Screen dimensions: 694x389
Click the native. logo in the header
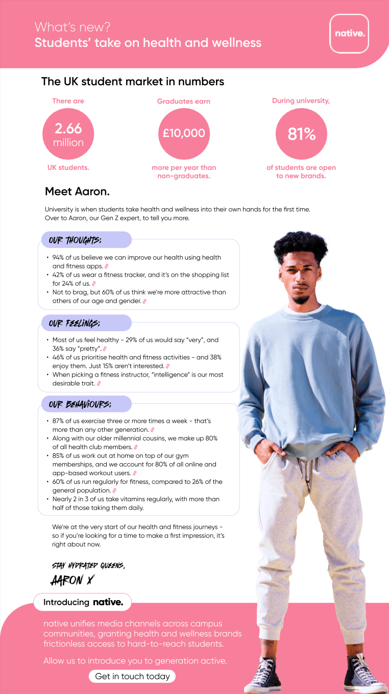[349, 34]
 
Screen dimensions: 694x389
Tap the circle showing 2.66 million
[68, 134]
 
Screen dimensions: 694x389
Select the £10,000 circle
[184, 134]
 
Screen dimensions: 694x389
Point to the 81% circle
[301, 134]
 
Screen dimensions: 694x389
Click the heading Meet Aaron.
[77, 192]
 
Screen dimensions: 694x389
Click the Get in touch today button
[133, 676]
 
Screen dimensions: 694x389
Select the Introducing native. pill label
[83, 602]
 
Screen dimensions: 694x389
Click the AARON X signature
[72, 580]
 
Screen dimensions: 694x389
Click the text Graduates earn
[184, 102]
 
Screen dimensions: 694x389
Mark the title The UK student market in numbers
[133, 82]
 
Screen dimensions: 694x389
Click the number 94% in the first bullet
[60, 258]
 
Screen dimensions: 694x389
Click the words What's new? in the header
[72, 27]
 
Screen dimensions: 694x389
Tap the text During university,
[301, 101]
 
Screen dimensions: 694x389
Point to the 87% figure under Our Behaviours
[60, 421]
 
